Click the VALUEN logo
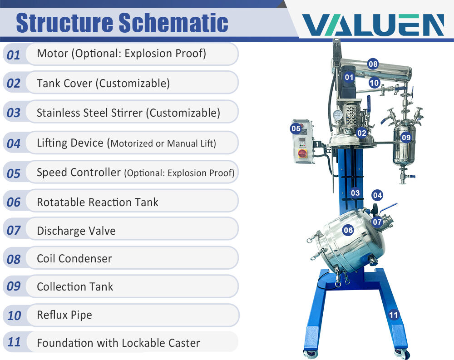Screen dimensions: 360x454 [x=373, y=25]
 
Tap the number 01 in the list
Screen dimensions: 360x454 [x=14, y=55]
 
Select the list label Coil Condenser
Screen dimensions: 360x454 [x=74, y=259]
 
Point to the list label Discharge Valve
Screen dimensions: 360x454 [x=76, y=231]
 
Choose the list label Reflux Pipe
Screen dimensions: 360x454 [x=64, y=315]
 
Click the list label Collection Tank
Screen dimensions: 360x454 [x=75, y=287]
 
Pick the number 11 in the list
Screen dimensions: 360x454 [x=14, y=342]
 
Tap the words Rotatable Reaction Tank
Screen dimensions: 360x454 [x=97, y=202]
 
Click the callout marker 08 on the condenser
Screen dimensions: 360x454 [x=373, y=64]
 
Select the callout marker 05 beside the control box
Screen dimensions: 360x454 [x=296, y=128]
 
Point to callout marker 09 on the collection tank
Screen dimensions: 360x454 [x=405, y=137]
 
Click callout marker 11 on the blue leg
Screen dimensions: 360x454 [x=394, y=315]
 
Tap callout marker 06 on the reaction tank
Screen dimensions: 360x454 [x=348, y=230]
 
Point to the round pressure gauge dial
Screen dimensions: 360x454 [x=338, y=115]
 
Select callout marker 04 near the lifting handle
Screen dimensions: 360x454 [x=377, y=195]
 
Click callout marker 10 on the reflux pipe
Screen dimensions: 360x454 [x=374, y=83]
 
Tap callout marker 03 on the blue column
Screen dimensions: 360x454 [x=355, y=193]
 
